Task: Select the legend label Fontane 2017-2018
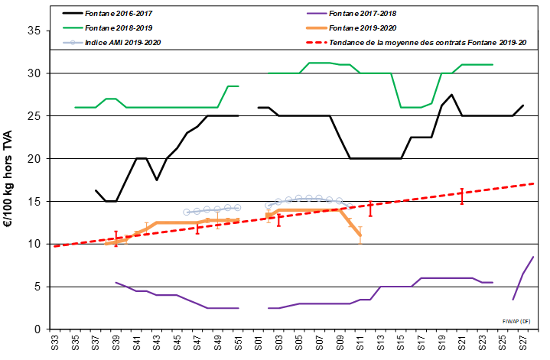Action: [362, 14]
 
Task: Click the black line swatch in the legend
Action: [74, 14]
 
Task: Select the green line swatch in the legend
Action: [74, 28]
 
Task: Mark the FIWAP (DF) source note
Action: [516, 321]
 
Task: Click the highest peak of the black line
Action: [452, 95]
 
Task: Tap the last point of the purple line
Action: [533, 257]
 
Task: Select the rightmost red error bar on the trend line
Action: [461, 196]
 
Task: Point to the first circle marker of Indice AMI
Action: [187, 212]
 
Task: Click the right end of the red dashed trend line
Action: [533, 183]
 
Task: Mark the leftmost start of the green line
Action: [75, 107]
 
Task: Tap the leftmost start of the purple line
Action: [116, 283]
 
